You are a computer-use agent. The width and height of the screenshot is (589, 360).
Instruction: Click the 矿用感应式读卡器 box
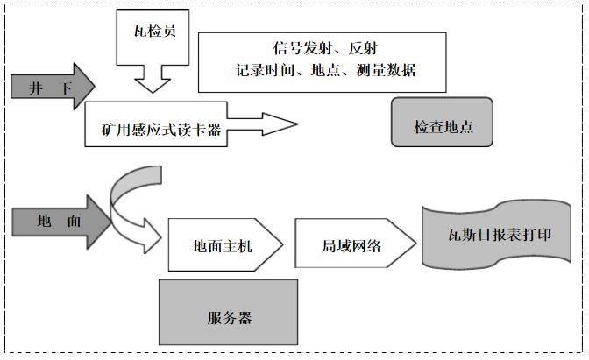pos(153,129)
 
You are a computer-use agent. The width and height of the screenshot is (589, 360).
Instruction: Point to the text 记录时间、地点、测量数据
pos(325,70)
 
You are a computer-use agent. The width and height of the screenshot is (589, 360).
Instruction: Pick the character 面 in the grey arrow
pos(74,221)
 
